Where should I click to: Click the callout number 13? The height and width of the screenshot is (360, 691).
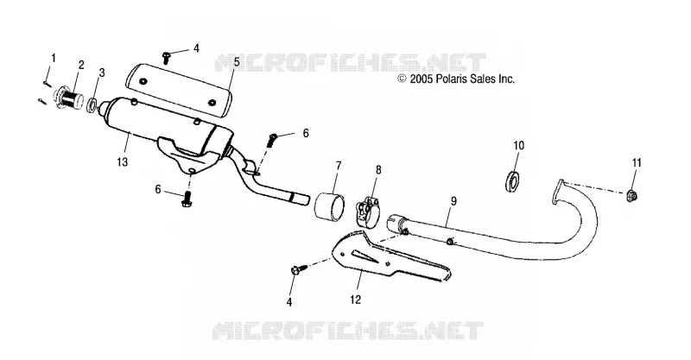[123, 162]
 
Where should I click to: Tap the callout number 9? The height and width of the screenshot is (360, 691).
[454, 201]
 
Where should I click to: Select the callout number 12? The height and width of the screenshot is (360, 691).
[356, 300]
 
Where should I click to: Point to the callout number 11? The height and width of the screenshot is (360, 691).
[637, 162]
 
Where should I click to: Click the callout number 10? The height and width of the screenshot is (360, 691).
[519, 145]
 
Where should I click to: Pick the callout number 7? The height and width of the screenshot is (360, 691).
[339, 166]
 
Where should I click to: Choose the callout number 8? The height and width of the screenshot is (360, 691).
[378, 170]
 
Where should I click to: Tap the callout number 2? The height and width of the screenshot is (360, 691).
[81, 65]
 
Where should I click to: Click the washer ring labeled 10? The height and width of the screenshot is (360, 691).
[511, 176]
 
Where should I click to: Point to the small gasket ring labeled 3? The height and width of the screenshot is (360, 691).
[92, 105]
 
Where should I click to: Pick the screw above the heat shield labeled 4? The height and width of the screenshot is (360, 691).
[167, 57]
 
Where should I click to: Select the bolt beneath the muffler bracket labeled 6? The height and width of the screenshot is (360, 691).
[187, 199]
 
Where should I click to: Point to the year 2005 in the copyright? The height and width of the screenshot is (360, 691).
[422, 79]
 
